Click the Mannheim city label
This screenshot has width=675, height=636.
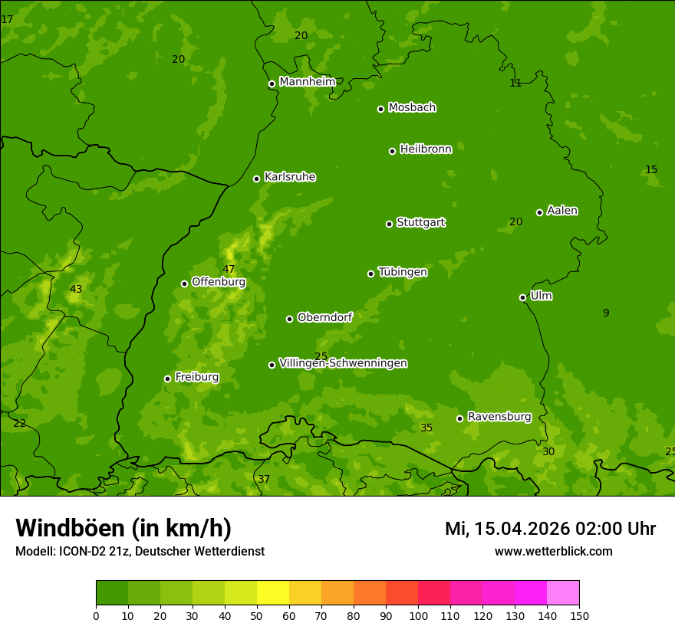307,82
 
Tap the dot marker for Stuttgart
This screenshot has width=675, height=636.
389,224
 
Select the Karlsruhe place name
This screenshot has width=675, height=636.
289,177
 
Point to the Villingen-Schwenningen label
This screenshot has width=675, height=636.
343,363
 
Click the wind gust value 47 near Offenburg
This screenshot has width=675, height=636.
229,269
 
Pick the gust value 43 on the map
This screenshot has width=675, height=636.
76,289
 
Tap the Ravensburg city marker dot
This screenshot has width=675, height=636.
459,418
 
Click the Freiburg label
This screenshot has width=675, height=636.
196,377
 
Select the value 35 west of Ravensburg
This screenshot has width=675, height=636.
426,428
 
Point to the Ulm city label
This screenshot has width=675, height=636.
541,296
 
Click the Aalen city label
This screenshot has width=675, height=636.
562,211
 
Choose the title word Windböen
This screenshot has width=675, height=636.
69,528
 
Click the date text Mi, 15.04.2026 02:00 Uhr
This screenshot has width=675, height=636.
550,529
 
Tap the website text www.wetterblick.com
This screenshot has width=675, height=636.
553,551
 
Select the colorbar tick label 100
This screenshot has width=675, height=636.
418,616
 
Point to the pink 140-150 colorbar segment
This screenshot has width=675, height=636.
563,593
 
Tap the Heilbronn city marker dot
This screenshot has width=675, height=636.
392,151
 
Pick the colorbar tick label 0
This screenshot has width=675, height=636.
96,616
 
